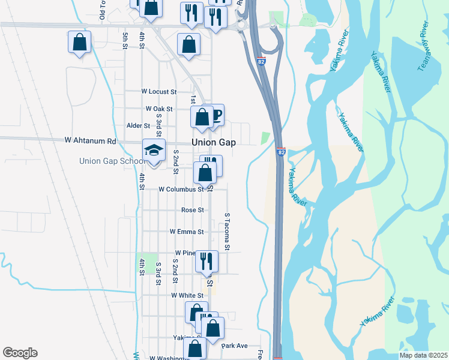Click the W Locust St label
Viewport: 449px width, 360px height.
coord(158,92)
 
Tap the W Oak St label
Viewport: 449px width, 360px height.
coord(159,109)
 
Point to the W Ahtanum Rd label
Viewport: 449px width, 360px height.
coord(90,141)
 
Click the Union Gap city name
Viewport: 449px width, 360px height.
coord(213,142)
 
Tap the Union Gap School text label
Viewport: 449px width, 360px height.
coord(110,161)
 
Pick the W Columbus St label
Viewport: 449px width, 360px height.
coord(181,189)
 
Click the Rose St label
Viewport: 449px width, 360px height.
coord(193,210)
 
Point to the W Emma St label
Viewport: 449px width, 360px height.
coord(187,231)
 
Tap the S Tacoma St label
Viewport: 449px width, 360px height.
coord(227,231)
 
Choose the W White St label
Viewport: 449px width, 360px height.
coord(187,296)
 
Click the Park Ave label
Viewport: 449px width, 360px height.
coord(235,346)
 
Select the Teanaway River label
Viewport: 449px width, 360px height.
coord(424,46)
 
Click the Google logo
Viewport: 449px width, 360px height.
coord(20,353)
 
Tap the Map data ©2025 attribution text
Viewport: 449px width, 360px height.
coord(423,355)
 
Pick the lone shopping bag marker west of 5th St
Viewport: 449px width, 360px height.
coord(79,43)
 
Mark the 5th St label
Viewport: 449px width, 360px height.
coord(125,42)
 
